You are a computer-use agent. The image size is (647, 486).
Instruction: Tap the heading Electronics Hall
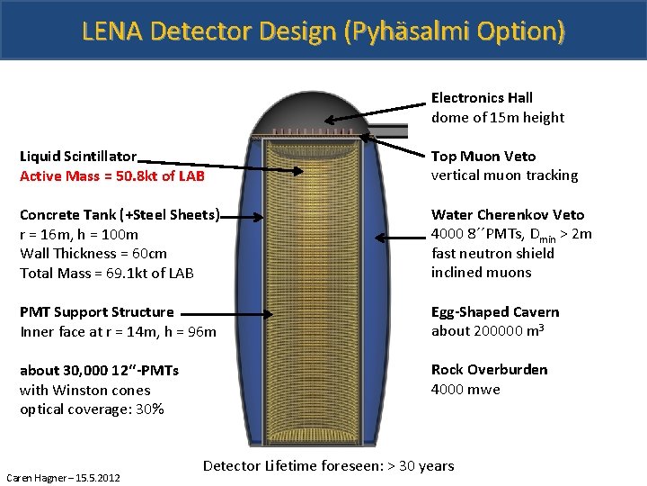482,98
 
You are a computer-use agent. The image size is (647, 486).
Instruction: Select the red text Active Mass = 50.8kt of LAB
112,175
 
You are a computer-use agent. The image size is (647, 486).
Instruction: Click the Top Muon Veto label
483,157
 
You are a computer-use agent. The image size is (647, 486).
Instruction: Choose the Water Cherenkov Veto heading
508,215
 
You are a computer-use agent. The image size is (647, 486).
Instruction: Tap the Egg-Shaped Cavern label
495,312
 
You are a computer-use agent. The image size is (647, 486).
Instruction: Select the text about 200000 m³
489,331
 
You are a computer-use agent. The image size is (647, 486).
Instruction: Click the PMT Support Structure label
97,312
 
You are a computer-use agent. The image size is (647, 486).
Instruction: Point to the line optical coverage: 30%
92,409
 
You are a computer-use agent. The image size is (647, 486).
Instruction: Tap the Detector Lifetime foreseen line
329,465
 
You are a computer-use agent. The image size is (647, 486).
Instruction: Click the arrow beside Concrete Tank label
243,216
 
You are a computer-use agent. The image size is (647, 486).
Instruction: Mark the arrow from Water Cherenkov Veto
400,237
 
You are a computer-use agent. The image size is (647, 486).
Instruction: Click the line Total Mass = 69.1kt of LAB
107,273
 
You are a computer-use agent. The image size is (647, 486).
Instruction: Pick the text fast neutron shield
492,254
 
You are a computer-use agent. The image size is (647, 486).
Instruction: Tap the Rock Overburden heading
489,370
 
